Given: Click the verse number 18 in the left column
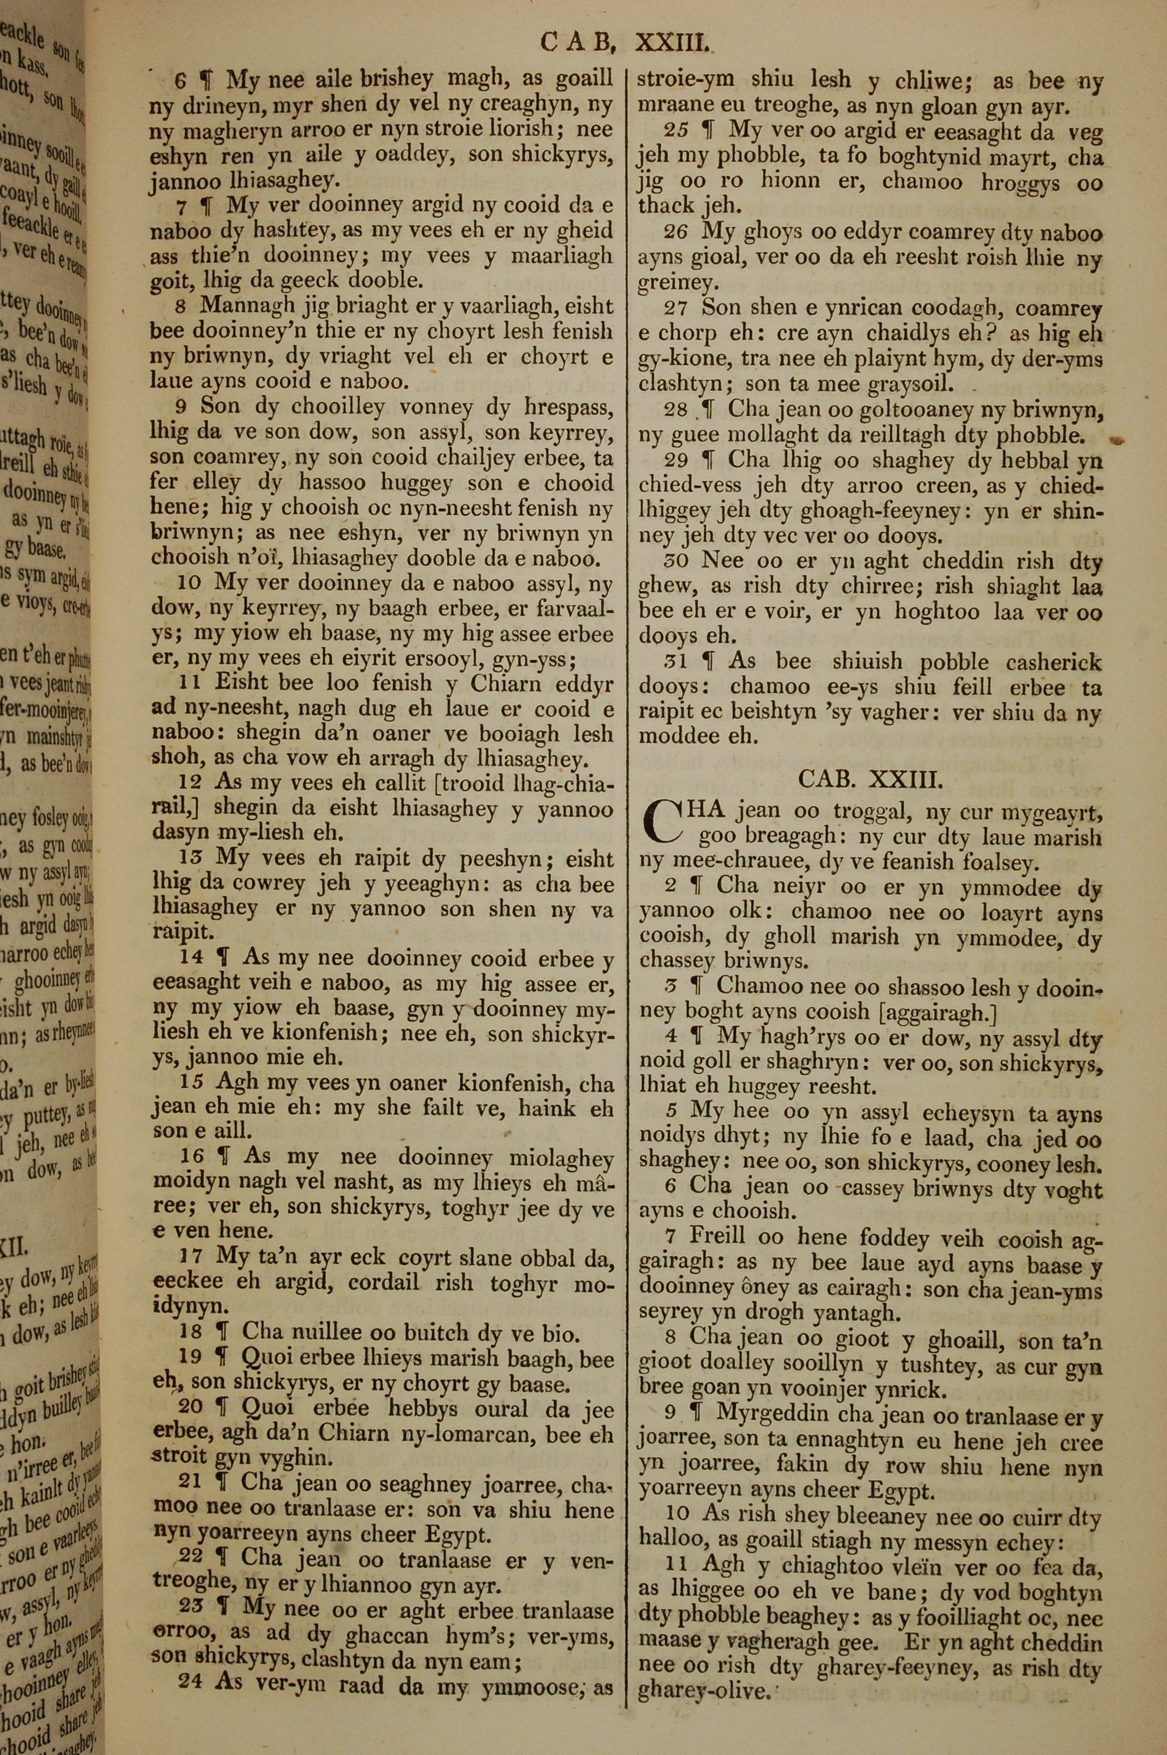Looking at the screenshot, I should click(x=191, y=1331).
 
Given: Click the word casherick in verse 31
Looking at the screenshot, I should click(x=1054, y=662).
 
